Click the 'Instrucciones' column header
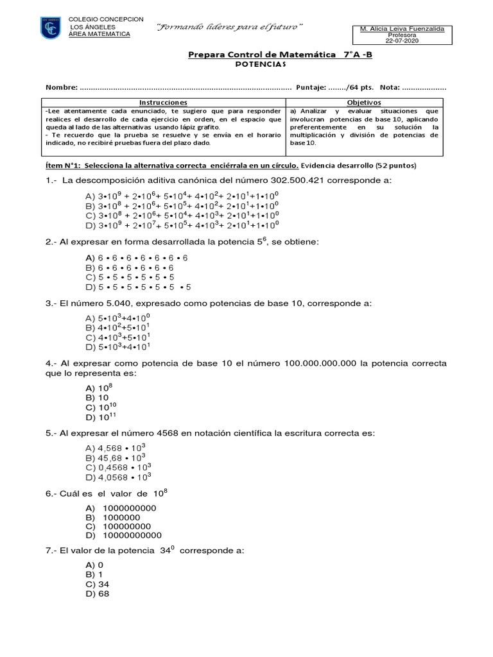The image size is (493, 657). click(164, 102)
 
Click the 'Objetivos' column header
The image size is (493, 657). click(364, 102)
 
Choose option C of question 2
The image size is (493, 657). click(129, 277)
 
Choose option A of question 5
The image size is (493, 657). click(116, 448)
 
